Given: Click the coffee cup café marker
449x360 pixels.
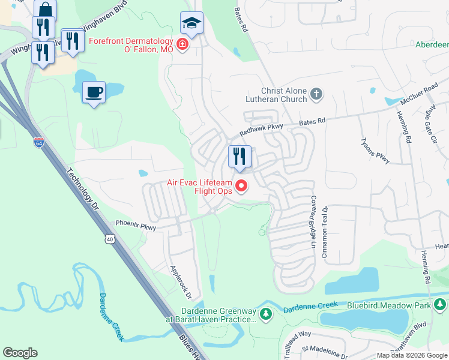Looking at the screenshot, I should pyautogui.click(x=93, y=92).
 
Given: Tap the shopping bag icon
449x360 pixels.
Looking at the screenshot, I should pyautogui.click(x=45, y=10).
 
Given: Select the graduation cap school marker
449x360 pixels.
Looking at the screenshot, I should pyautogui.click(x=191, y=23).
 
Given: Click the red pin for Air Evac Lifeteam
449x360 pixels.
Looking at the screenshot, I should pyautogui.click(x=242, y=186).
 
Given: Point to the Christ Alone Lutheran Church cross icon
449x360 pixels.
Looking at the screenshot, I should pyautogui.click(x=316, y=94).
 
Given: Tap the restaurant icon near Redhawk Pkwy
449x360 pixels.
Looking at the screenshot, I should pyautogui.click(x=240, y=157).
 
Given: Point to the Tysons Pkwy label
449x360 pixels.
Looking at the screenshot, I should pyautogui.click(x=375, y=150).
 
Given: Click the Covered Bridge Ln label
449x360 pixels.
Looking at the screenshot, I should pyautogui.click(x=313, y=221).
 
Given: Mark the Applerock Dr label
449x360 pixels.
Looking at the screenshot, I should pyautogui.click(x=180, y=282).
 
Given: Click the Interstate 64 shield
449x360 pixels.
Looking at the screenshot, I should pyautogui.click(x=38, y=142).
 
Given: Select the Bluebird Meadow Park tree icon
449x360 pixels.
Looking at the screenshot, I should pyautogui.click(x=441, y=306).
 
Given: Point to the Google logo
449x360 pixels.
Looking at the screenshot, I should pyautogui.click(x=20, y=353).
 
